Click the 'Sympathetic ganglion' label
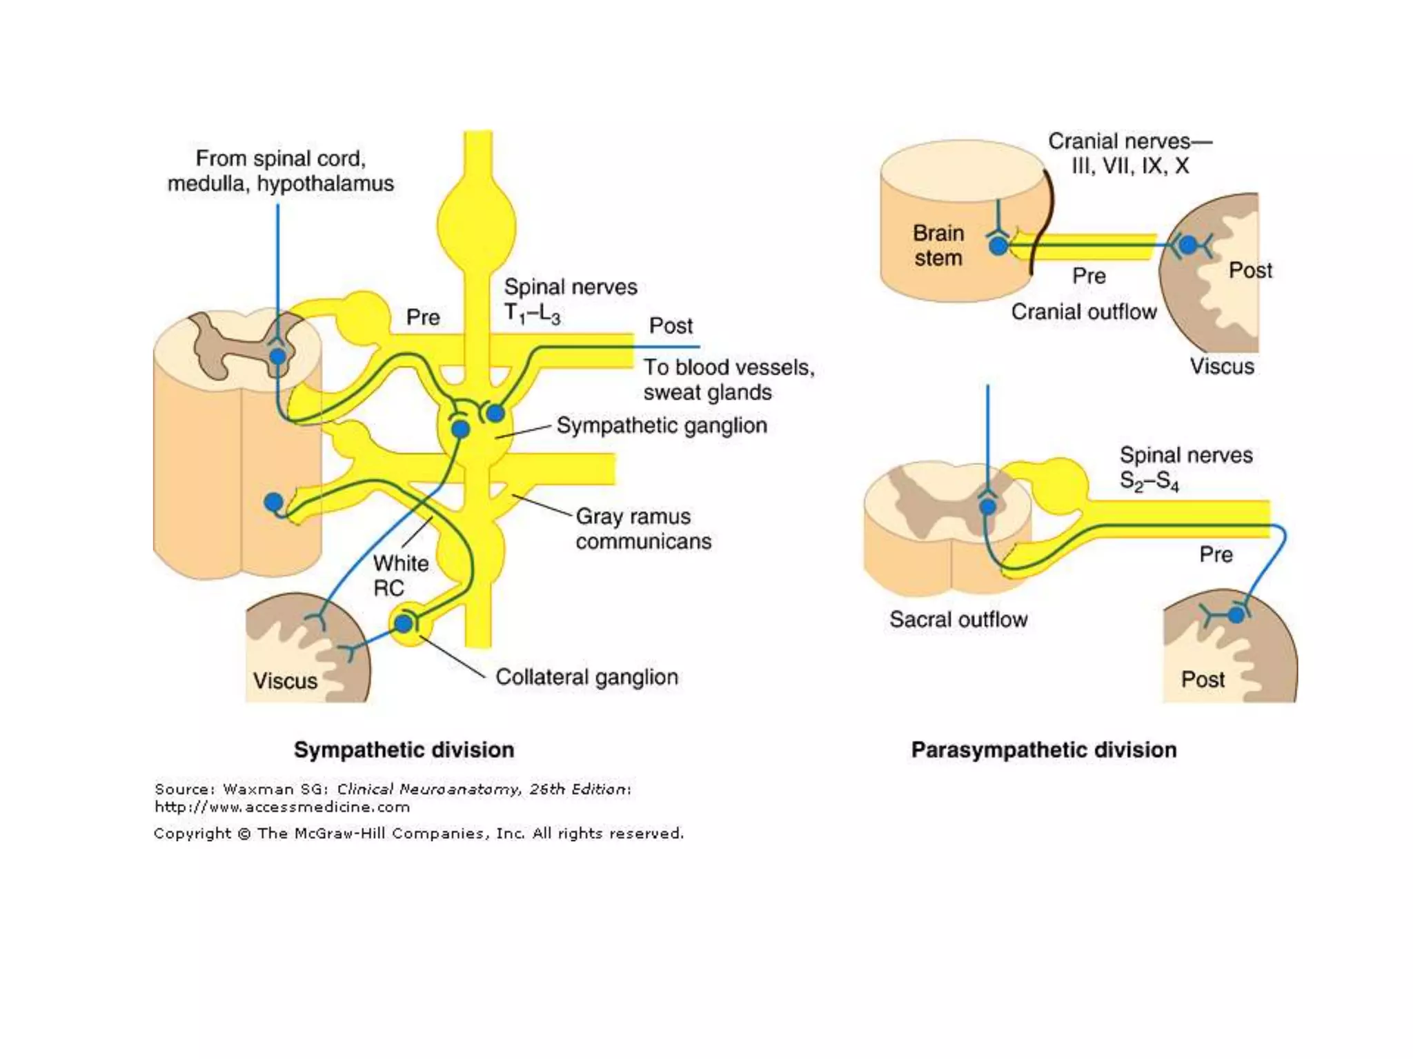pyautogui.click(x=661, y=425)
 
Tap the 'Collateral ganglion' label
pyautogui.click(x=586, y=677)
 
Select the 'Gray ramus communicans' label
pyautogui.click(x=643, y=529)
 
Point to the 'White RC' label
pyautogui.click(x=400, y=576)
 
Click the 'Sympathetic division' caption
pyautogui.click(x=404, y=749)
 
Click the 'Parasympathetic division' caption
pyautogui.click(x=1043, y=749)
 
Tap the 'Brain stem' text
pyautogui.click(x=938, y=245)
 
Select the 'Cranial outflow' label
pyautogui.click(x=1083, y=312)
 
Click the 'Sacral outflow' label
pyautogui.click(x=958, y=619)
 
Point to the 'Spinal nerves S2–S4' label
pyautogui.click(x=1185, y=467)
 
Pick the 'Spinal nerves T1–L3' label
pyautogui.click(x=570, y=300)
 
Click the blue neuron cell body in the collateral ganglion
pyautogui.click(x=404, y=624)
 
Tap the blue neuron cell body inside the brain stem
pyautogui.click(x=998, y=245)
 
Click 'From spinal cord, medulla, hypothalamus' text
pyautogui.click(x=280, y=171)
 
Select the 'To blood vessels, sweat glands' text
pyautogui.click(x=729, y=379)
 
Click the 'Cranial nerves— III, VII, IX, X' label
pyautogui.click(x=1129, y=153)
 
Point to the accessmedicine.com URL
pyautogui.click(x=281, y=807)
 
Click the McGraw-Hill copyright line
pyautogui.click(x=418, y=834)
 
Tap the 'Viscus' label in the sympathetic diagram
pyautogui.click(x=285, y=681)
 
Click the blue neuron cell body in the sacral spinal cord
pyautogui.click(x=988, y=507)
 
